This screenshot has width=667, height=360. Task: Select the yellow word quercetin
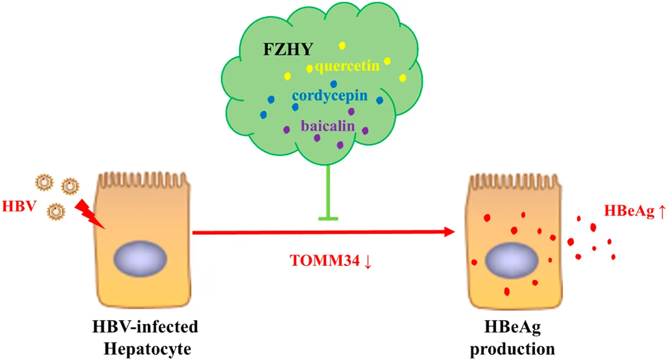(347, 67)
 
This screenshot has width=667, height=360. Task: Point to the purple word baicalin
(328, 125)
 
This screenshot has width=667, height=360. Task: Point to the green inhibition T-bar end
(328, 219)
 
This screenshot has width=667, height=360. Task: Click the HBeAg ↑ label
(636, 211)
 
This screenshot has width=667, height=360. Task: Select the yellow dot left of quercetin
(309, 68)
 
